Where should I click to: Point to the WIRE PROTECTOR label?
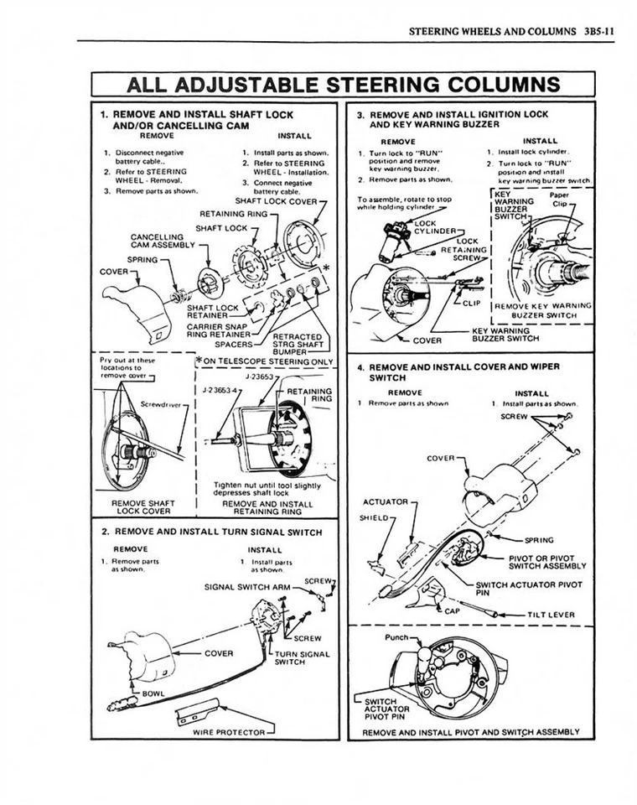[229, 730]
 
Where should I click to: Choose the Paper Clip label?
[559, 199]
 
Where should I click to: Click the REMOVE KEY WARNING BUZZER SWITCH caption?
[544, 310]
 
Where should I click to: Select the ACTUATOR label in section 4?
[384, 501]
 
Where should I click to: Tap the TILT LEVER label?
[551, 614]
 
